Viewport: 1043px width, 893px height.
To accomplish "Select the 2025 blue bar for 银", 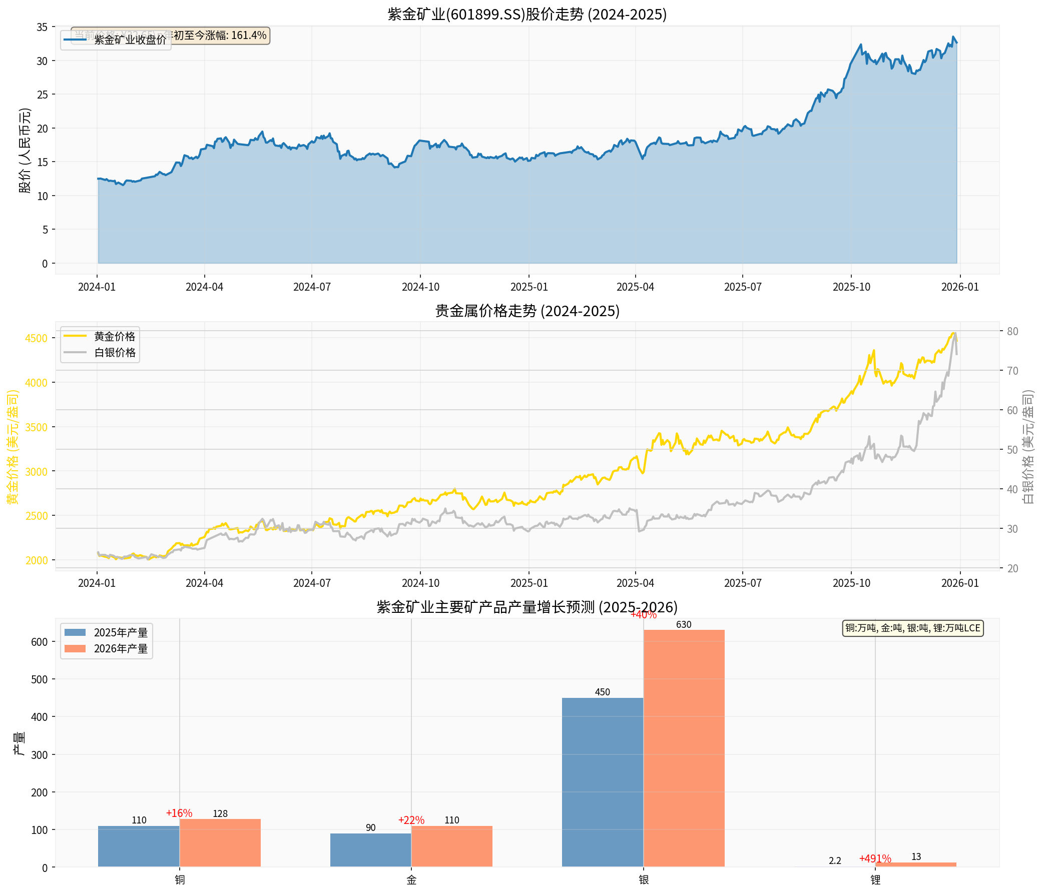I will click(x=603, y=782).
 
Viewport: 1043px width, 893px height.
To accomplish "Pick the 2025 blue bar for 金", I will click(x=370, y=850).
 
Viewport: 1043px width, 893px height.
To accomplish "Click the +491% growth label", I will click(x=875, y=859).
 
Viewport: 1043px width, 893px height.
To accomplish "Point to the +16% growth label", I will click(x=179, y=813).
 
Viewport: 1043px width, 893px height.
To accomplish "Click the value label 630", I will click(x=684, y=625).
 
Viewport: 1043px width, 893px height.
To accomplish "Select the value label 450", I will click(x=603, y=692).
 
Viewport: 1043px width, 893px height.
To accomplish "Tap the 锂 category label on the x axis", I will click(x=875, y=880).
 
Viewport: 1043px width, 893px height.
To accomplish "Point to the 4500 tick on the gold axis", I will click(x=36, y=338).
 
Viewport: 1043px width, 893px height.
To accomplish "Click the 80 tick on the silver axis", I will click(x=1012, y=332).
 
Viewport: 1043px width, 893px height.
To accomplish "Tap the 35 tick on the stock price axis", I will click(x=42, y=27).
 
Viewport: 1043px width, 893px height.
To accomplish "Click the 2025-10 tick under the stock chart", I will click(x=851, y=287).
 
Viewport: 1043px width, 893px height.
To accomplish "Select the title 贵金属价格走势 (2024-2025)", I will click(x=527, y=311).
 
